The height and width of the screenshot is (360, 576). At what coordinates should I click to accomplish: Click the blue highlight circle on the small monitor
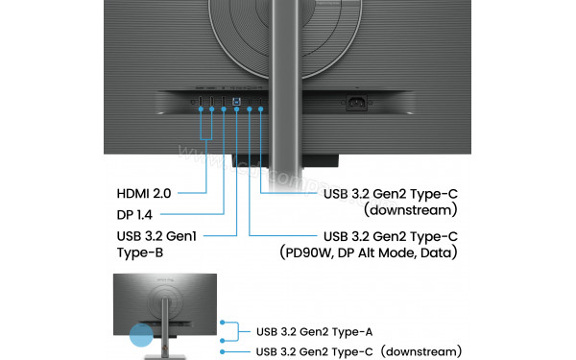tap(141, 335)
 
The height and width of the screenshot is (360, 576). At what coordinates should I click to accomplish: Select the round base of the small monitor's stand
tap(158, 354)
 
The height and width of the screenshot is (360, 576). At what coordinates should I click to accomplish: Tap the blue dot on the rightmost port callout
tap(261, 109)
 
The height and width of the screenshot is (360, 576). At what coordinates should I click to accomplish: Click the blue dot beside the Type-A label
tap(224, 324)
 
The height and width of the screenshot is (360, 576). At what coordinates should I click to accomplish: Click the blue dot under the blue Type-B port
tap(237, 109)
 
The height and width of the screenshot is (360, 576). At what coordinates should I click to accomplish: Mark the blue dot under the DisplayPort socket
tap(224, 109)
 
